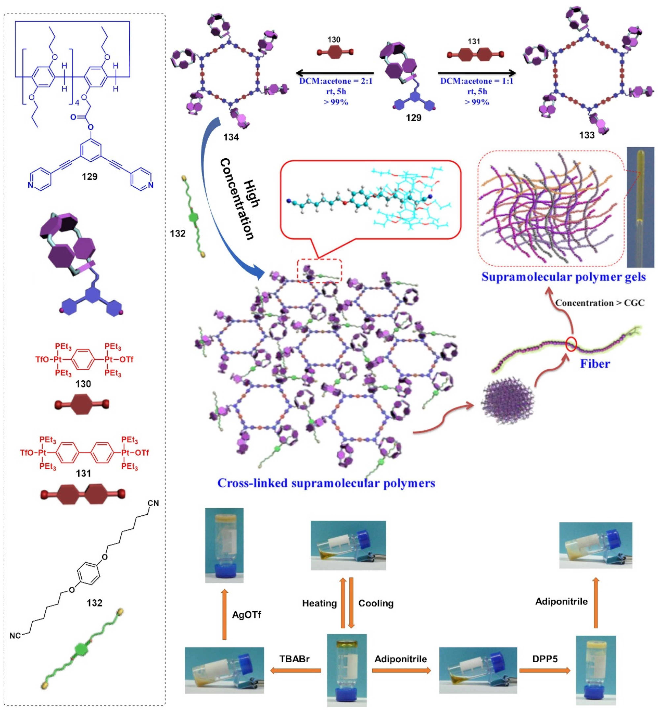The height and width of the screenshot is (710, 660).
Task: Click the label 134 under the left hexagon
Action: [231, 137]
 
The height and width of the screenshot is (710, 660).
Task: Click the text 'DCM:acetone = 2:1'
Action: [336, 81]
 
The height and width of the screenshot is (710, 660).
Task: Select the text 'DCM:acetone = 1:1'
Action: [477, 81]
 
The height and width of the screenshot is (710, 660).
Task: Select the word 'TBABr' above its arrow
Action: [294, 658]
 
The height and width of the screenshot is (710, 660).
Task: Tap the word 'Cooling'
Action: [375, 603]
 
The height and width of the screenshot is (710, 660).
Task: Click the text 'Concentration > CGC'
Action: [600, 303]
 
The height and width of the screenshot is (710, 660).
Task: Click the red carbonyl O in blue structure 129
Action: [74, 117]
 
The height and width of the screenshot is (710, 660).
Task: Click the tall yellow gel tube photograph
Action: [640, 207]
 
